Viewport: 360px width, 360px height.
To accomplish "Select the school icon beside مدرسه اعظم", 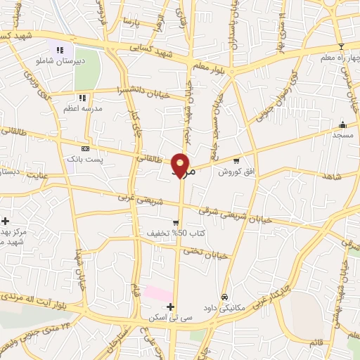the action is tap(82, 98).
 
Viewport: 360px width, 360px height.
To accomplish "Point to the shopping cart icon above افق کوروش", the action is tap(237, 160).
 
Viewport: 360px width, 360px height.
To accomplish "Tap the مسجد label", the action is tap(342, 135).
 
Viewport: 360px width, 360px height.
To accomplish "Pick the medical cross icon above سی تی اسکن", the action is tap(169, 307).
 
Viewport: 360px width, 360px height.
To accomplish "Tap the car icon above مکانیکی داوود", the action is tap(224, 297).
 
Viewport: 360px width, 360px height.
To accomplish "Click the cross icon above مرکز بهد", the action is tap(5, 221).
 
